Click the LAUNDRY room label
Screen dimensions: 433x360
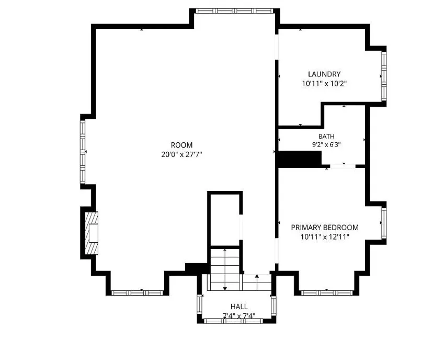[324, 74]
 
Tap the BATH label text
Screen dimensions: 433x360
[326, 136]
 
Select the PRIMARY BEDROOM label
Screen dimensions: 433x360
[325, 228]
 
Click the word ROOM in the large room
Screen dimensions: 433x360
[181, 145]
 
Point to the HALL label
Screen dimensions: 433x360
[239, 307]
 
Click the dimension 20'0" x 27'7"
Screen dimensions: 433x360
[181, 154]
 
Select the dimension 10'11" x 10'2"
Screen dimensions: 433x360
[324, 83]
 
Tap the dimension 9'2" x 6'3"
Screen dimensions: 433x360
[326, 144]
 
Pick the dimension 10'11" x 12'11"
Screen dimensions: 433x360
[325, 237]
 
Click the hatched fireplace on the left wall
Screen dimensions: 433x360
[92, 233]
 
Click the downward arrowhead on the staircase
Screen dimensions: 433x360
[225, 288]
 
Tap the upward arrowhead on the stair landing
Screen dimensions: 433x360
[257, 276]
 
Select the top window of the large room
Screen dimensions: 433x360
[234, 11]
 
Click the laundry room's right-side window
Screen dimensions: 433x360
[384, 76]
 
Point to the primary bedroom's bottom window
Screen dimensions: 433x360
[327, 293]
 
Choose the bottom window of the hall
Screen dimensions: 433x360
[233, 321]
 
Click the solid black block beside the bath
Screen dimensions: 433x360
[300, 160]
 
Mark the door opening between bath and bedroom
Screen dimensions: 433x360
[343, 166]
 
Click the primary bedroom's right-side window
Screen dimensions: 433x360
[384, 223]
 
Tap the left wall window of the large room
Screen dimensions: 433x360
[83, 152]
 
